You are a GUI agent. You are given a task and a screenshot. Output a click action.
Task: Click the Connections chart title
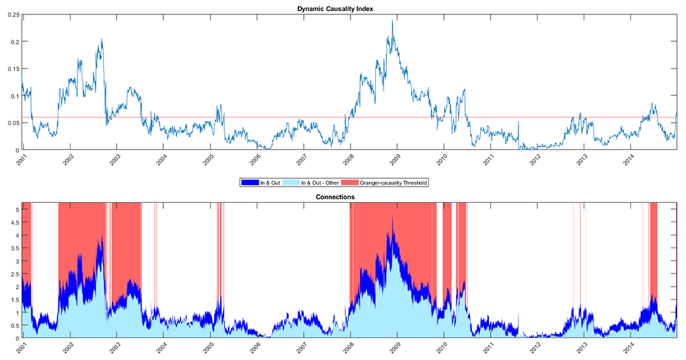pos(350,197)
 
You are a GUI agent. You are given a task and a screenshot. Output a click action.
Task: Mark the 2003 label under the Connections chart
pos(115,348)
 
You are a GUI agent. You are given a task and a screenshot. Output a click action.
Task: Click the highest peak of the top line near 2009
pos(392,21)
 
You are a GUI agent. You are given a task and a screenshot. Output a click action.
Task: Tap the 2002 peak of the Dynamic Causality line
pos(102,40)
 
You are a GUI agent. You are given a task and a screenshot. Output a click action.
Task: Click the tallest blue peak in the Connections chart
pos(392,218)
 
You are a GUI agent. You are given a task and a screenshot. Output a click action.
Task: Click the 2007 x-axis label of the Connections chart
pos(302,348)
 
